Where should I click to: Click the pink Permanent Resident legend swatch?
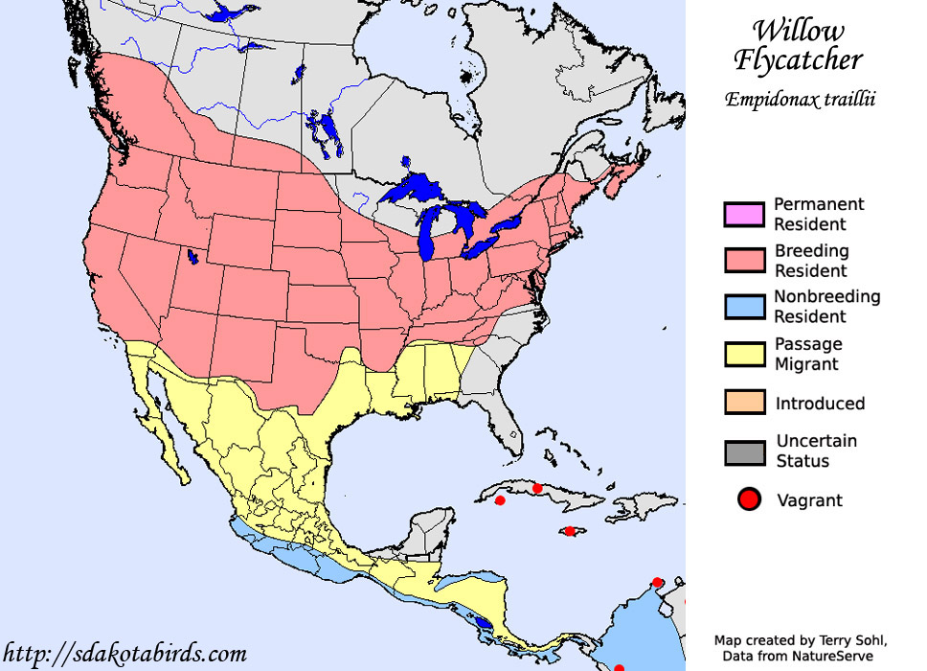pyautogui.click(x=744, y=215)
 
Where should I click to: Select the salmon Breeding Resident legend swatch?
pyautogui.click(x=744, y=261)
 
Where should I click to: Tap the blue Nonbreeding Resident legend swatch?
pyautogui.click(x=744, y=307)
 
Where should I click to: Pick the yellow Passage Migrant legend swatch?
pyautogui.click(x=744, y=354)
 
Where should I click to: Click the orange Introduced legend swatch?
pyautogui.click(x=744, y=403)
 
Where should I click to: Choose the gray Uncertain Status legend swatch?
pyautogui.click(x=744, y=451)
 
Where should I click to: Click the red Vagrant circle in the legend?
pyautogui.click(x=749, y=499)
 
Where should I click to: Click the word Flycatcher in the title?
pyautogui.click(x=798, y=59)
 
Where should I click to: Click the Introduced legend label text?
pyautogui.click(x=820, y=404)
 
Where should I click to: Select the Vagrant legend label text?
pyautogui.click(x=810, y=499)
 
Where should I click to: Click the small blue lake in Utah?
pyautogui.click(x=193, y=257)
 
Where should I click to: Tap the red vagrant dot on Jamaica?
pyautogui.click(x=570, y=531)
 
